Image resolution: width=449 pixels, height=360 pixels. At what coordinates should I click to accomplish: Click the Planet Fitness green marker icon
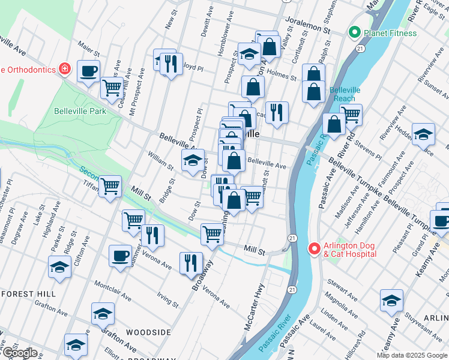coord(354,33)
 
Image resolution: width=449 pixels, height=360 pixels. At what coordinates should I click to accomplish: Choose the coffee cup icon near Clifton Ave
coord(119,255)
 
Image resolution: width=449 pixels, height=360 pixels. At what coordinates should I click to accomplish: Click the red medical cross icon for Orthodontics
coord(64,69)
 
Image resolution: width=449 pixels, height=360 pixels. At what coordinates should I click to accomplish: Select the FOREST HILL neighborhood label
coord(28,294)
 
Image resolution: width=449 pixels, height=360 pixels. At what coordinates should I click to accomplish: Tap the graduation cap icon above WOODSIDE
coord(103,313)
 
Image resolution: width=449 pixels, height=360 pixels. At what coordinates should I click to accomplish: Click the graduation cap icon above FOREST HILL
coord(59,267)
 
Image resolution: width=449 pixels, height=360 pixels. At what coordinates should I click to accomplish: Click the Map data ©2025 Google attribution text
coord(412,355)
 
